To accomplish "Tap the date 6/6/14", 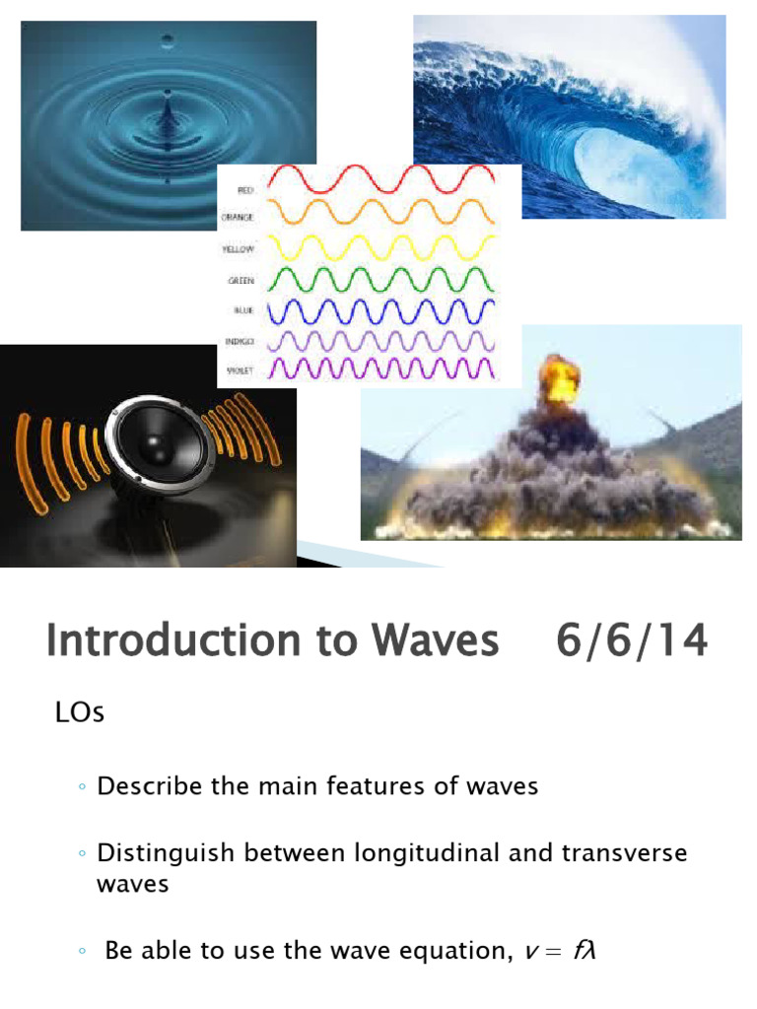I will click(x=632, y=641).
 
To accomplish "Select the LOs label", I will click(x=79, y=712).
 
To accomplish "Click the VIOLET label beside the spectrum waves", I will click(x=241, y=372).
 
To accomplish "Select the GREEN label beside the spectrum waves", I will click(x=241, y=280).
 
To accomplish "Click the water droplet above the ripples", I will click(x=168, y=40).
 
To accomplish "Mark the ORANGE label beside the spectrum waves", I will click(x=240, y=218).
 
